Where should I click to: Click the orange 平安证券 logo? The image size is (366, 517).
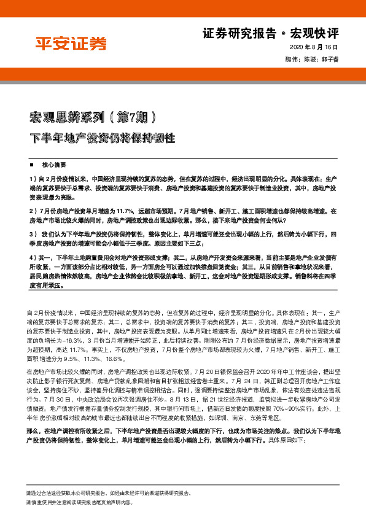pyautogui.click(x=69, y=44)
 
